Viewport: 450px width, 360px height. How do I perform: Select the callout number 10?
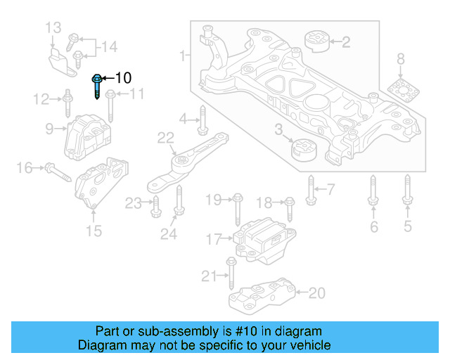pos(122,77)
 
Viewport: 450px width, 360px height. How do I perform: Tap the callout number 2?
pos(345,42)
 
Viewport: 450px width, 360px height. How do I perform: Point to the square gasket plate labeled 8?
pos(400,89)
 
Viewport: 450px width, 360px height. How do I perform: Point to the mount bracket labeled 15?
pos(103,184)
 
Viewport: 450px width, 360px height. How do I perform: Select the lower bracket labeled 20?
pos(267,296)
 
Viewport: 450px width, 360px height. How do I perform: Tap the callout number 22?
pos(165,138)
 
